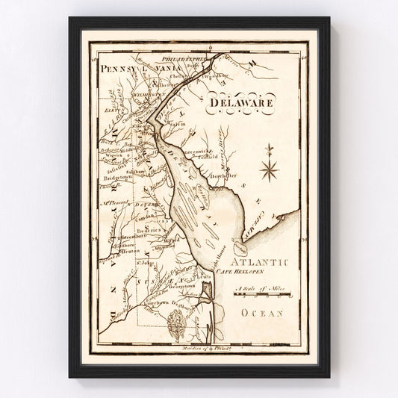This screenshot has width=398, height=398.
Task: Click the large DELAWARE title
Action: point(242,101)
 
